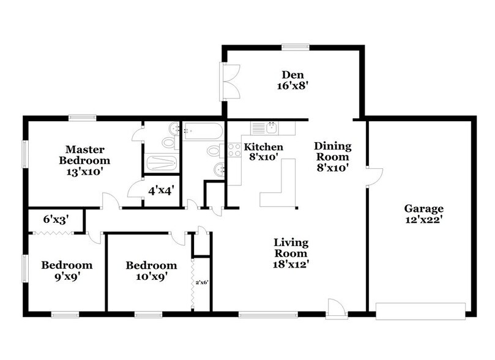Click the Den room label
point(292,75)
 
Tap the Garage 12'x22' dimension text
point(423,220)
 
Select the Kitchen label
point(264,147)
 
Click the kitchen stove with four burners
point(234,149)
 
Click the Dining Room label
point(333,151)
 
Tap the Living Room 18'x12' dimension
point(291,264)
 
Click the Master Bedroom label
point(84,155)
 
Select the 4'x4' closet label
point(162,191)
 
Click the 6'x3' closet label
point(56,219)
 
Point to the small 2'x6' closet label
point(202,283)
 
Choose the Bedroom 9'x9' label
point(67,271)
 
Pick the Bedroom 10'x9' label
point(152,271)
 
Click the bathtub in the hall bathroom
point(203,131)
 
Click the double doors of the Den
point(230,81)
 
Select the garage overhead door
point(420,312)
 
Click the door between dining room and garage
point(374,177)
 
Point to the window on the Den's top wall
point(296,47)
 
